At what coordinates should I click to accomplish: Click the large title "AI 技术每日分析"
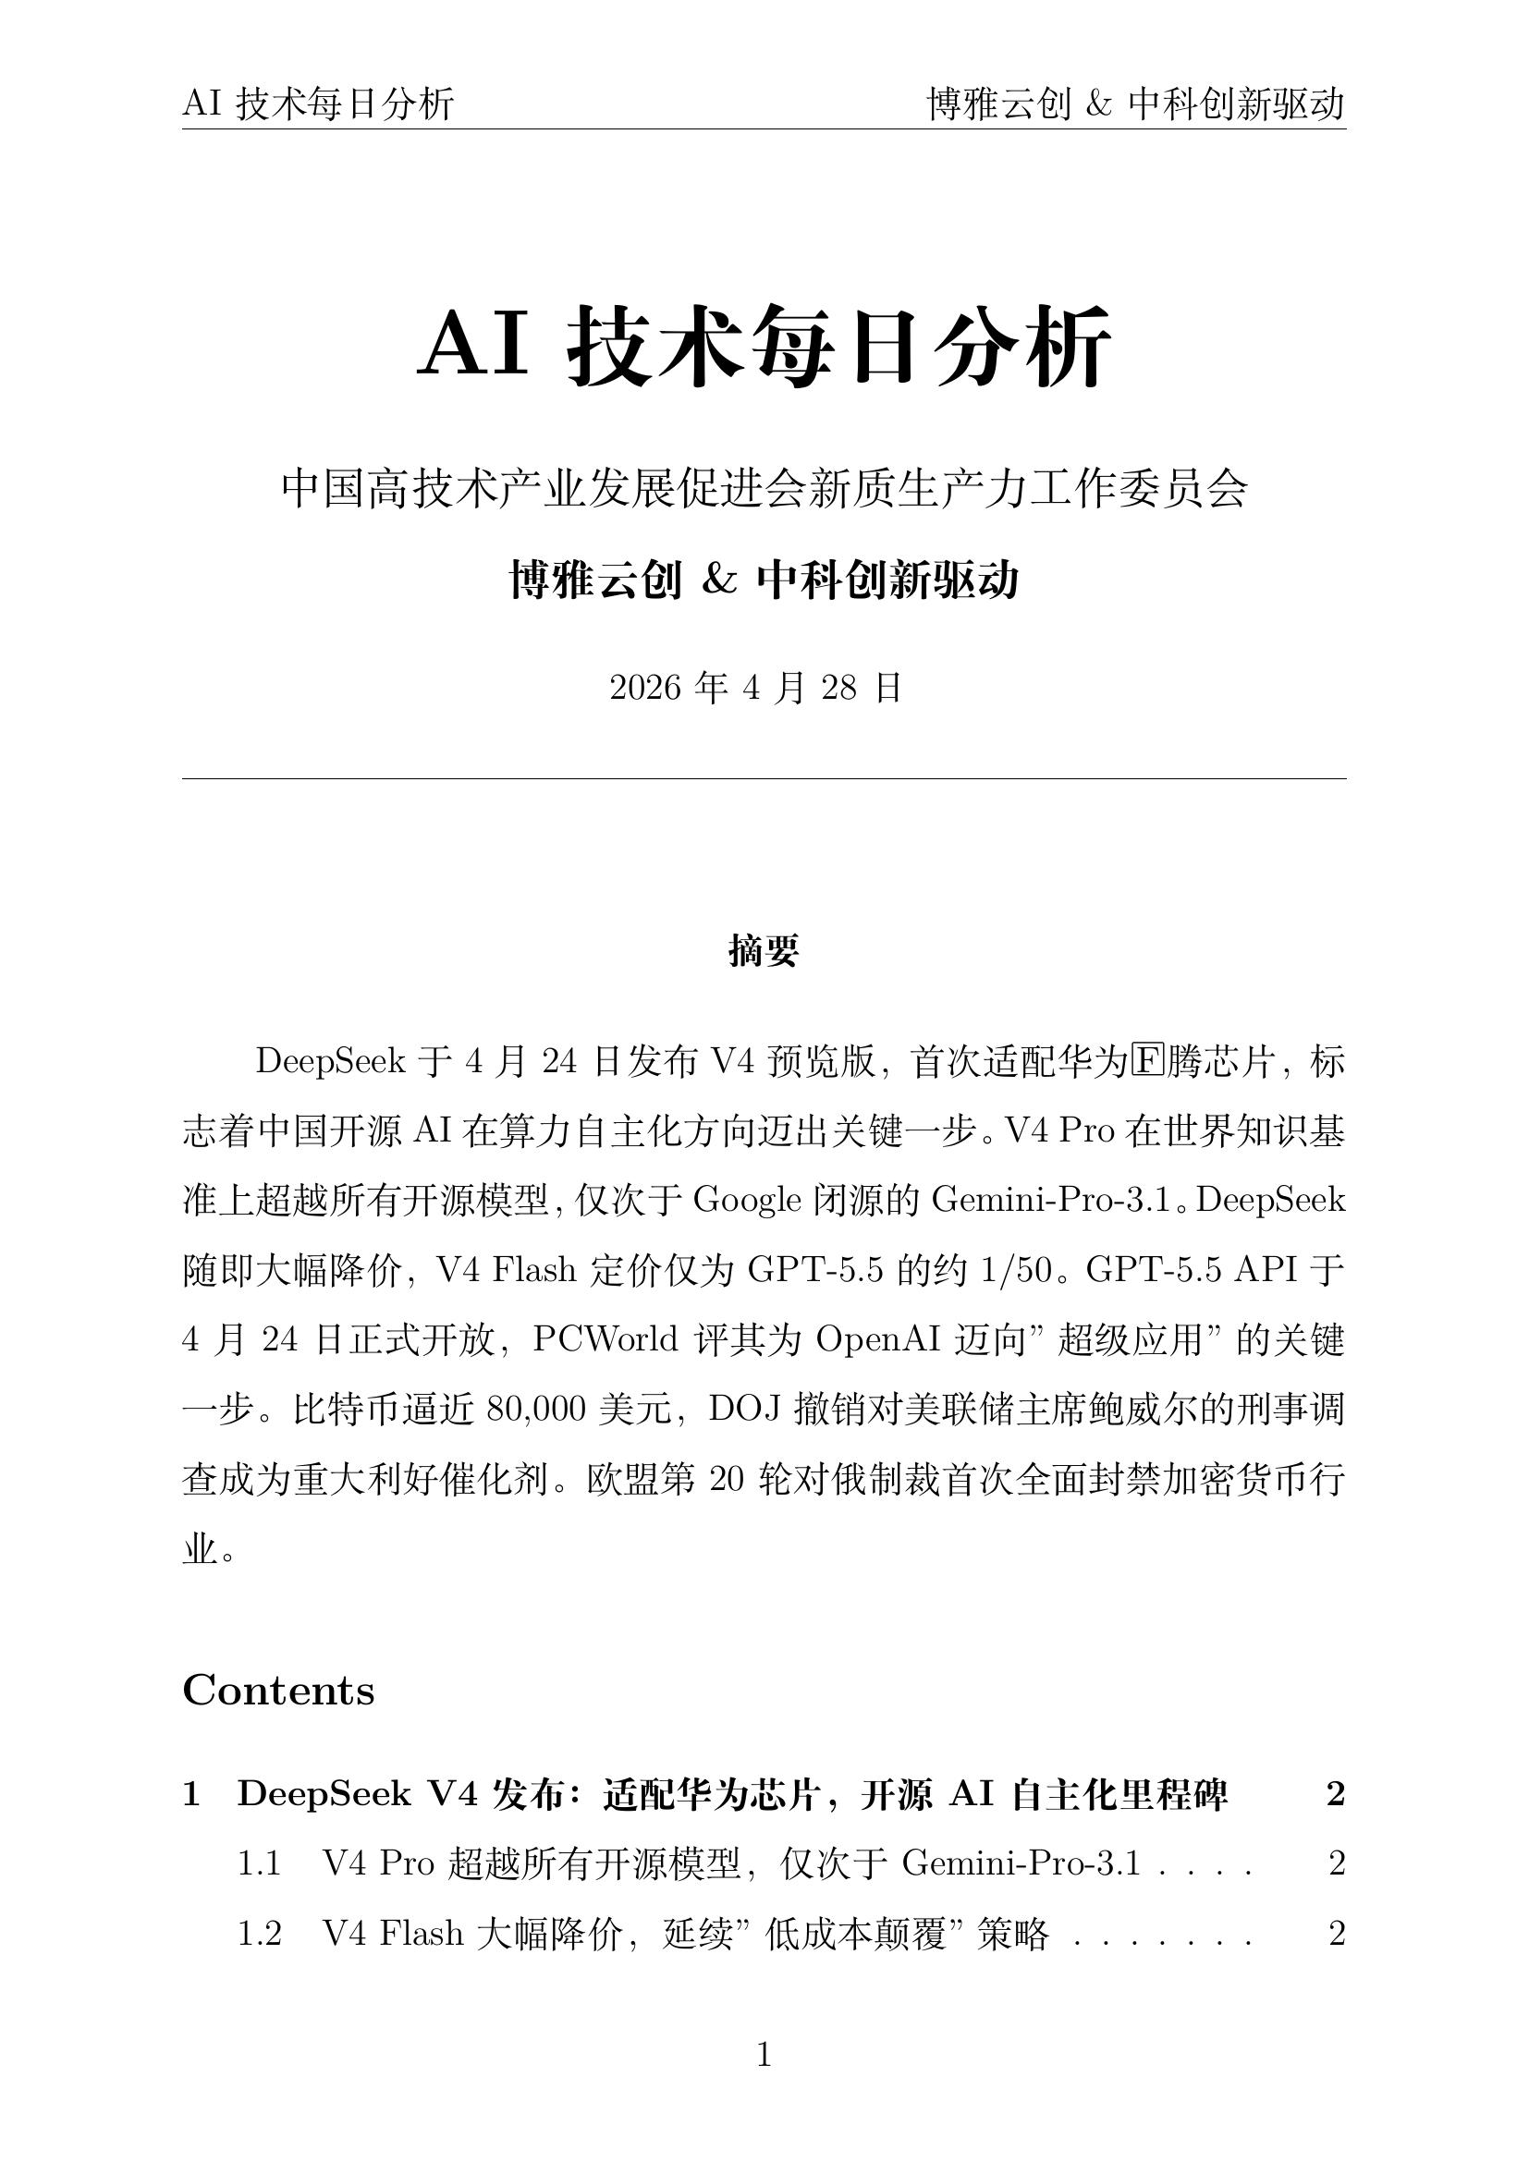764,346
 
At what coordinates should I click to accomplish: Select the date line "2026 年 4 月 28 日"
756,689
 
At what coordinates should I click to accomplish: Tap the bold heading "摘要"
764,951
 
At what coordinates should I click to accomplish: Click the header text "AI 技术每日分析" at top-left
318,104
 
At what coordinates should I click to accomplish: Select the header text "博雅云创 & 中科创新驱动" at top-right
1135,104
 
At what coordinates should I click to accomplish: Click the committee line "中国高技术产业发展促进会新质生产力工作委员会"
764,489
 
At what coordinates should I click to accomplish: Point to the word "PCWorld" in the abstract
605,1339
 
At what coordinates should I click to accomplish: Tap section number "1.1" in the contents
259,1863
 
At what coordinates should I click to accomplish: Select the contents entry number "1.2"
259,1932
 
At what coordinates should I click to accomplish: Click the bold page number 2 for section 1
1335,1794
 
